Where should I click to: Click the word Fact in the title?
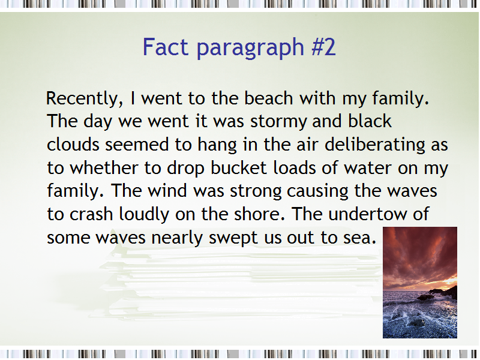[x=166, y=47]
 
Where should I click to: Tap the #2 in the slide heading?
[x=323, y=47]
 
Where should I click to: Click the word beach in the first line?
[x=268, y=98]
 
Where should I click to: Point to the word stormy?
[x=278, y=122]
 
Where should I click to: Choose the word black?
[x=370, y=121]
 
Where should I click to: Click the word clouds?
[x=73, y=144]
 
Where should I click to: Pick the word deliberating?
[x=375, y=145]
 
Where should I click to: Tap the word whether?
[x=104, y=168]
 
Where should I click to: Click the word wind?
[x=167, y=190]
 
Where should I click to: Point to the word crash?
[x=91, y=214]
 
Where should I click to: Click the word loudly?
[x=144, y=214]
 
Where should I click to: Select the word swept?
[x=233, y=238]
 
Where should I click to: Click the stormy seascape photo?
[x=420, y=283]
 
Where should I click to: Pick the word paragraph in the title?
[x=250, y=48]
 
